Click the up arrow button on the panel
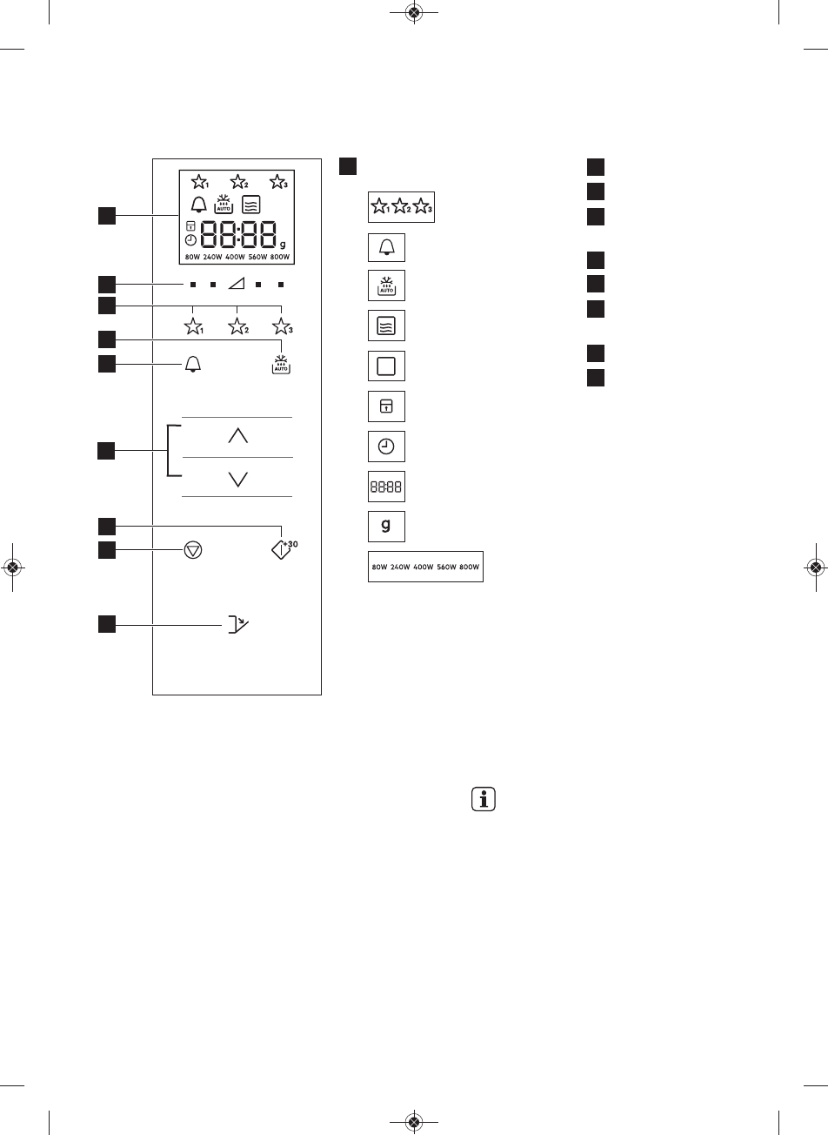pos(237,437)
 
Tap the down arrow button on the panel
pos(237,478)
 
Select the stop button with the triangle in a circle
pos(193,552)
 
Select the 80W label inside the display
pos(192,258)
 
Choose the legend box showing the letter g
pos(386,527)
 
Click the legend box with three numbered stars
pos(402,207)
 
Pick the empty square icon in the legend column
pos(386,366)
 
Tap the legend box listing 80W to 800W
pos(425,567)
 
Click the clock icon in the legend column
pos(386,447)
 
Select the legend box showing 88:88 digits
pos(386,487)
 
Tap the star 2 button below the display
pos(237,326)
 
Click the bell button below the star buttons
pos(192,365)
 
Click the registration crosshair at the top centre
pos(414,13)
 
